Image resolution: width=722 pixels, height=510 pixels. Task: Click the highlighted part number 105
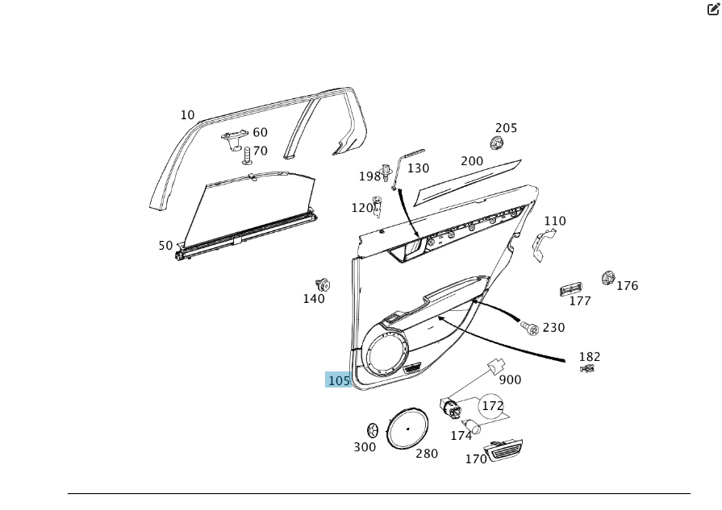click(x=339, y=380)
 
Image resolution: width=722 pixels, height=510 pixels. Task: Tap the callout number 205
click(x=506, y=128)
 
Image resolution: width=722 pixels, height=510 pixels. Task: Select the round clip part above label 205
click(x=497, y=143)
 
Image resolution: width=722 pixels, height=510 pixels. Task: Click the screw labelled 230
click(x=529, y=327)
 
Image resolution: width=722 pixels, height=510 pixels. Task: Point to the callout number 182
click(x=590, y=357)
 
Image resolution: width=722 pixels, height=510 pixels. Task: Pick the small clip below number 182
click(x=588, y=369)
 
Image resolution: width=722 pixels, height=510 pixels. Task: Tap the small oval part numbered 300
click(x=373, y=430)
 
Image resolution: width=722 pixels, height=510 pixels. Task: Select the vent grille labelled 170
click(x=503, y=450)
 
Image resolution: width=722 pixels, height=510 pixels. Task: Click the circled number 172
click(x=492, y=407)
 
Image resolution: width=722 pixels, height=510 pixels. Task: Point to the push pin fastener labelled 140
click(x=323, y=284)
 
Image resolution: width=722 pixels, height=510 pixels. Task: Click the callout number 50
click(x=165, y=246)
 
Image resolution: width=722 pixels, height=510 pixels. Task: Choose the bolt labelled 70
click(x=248, y=154)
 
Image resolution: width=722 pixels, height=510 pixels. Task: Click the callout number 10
click(x=187, y=115)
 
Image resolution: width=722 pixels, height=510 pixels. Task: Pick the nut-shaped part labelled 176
click(x=607, y=279)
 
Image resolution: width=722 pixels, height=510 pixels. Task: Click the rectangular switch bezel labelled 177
click(x=572, y=289)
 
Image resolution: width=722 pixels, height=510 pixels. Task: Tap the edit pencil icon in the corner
click(x=713, y=9)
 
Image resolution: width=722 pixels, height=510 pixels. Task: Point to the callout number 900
click(x=510, y=379)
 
